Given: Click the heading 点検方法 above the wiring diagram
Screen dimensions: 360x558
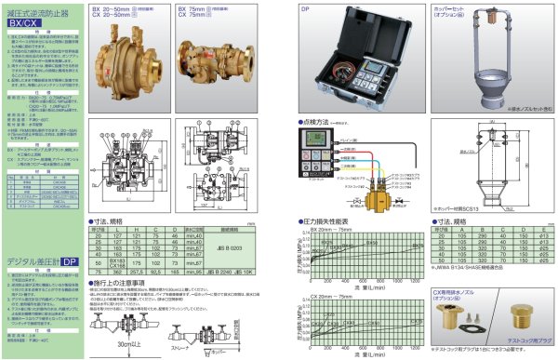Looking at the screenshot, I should click(320, 122).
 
